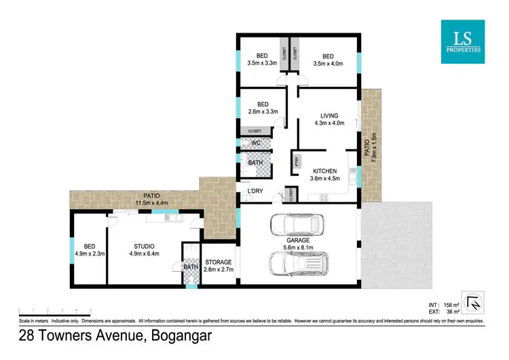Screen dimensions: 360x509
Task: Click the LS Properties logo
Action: point(462,41)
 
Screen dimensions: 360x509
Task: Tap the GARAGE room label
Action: point(298,240)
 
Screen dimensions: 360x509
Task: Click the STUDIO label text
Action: point(144,246)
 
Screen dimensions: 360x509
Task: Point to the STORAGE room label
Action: point(219,262)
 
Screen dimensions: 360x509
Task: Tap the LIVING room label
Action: point(328,115)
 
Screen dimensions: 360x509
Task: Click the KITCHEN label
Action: point(324,171)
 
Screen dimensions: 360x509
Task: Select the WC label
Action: point(256,143)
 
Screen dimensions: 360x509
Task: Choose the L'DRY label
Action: point(255,192)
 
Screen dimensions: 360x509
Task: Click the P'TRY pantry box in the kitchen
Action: point(297,162)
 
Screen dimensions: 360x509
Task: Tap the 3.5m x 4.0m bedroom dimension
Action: point(328,65)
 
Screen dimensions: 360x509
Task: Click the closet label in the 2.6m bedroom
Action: point(254,130)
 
